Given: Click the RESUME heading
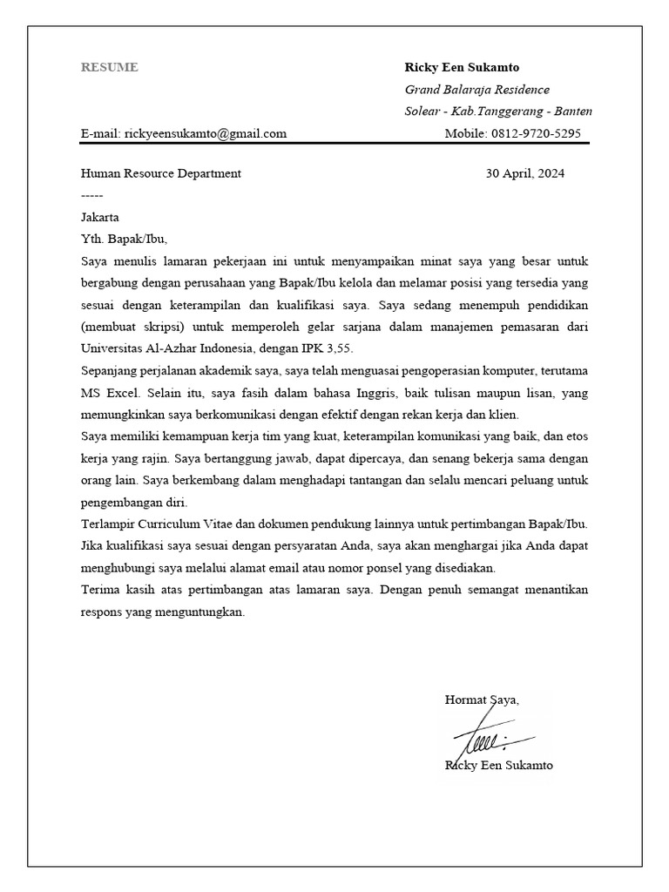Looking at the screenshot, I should click(x=109, y=67).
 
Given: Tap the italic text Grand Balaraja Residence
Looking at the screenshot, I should click(x=476, y=90).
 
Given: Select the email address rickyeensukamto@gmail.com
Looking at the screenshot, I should click(x=206, y=133).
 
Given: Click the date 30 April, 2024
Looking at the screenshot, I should click(x=524, y=173).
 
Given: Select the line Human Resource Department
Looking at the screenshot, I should click(x=160, y=173).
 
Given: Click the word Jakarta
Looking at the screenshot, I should click(x=99, y=217).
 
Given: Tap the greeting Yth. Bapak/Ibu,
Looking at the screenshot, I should click(x=123, y=239).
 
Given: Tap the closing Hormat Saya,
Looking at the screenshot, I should click(x=482, y=699).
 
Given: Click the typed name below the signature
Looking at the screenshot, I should click(x=498, y=766).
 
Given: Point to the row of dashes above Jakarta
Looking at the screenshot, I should click(x=91, y=195).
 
